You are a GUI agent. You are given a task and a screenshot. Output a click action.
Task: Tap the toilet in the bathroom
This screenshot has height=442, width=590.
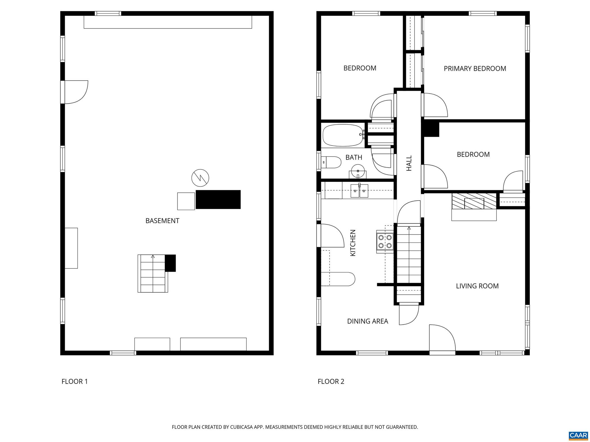point(331,162)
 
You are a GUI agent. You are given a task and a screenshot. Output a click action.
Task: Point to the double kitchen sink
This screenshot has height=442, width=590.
point(359,191)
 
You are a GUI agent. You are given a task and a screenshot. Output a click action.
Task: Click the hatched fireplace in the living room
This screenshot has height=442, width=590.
point(474,201)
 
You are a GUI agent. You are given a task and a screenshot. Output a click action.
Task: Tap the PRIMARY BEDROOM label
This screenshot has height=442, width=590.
point(475,68)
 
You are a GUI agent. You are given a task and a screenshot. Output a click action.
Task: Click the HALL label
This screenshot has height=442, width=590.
point(409,163)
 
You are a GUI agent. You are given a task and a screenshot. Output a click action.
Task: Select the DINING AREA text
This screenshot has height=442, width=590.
point(367,321)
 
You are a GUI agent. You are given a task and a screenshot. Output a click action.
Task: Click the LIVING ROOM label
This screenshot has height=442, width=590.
point(477,286)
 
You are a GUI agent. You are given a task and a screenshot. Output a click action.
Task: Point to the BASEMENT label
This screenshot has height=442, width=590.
point(162,221)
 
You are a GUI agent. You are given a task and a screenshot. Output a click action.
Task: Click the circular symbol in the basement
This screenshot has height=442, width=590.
point(200,178)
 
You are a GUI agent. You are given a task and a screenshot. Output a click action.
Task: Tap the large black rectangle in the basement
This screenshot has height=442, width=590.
point(218,199)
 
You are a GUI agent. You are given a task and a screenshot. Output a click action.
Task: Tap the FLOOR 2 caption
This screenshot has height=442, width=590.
point(331,382)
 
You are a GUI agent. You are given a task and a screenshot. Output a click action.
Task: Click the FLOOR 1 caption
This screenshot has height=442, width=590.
point(74,382)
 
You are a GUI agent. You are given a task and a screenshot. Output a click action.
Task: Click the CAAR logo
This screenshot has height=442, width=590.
point(578,435)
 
